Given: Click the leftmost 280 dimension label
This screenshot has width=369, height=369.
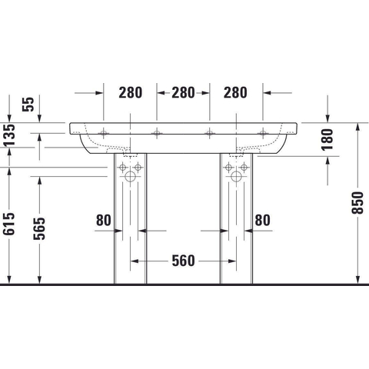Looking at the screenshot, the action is coord(130,93).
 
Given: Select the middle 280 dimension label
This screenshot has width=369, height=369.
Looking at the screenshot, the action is coord(183,93).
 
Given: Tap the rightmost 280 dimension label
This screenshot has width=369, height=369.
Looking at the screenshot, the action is coord(235,93).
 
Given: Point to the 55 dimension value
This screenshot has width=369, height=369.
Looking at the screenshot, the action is coord(28,104).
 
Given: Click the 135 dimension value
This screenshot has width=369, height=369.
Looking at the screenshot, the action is coord(10,135).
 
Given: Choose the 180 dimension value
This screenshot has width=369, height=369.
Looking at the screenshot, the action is coord(327,139).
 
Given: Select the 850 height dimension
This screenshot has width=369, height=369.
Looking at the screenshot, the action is coord(357,202).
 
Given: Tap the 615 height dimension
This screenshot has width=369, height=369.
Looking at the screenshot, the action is coord(8,224).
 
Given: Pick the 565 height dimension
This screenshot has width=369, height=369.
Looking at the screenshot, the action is coord(39,228).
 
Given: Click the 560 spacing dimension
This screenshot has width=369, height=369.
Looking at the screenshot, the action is coord(183,261).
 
